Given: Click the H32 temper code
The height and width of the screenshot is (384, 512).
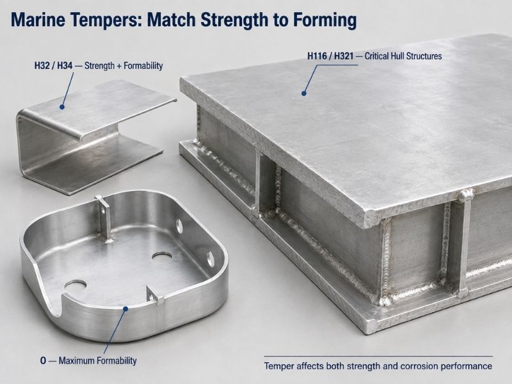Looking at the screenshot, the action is click(x=42, y=66).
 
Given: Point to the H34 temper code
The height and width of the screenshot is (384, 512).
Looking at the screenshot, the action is click(x=65, y=66).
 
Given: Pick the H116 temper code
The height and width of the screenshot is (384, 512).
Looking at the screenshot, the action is click(x=317, y=56).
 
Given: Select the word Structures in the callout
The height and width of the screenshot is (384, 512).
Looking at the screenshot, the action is click(x=423, y=56).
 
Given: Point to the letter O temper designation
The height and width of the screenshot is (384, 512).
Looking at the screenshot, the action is click(x=44, y=361).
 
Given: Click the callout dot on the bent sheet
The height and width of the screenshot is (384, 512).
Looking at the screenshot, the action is click(x=62, y=107).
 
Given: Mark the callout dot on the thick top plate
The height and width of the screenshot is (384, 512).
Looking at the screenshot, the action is click(x=304, y=93).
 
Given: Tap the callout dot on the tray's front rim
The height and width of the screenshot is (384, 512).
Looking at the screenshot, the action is click(x=125, y=308).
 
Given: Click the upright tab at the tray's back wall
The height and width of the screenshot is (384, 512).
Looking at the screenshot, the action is click(x=104, y=218).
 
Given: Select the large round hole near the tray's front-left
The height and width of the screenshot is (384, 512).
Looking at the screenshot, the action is click(x=76, y=285).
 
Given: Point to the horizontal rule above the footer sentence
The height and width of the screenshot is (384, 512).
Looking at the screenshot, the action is click(x=378, y=356).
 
